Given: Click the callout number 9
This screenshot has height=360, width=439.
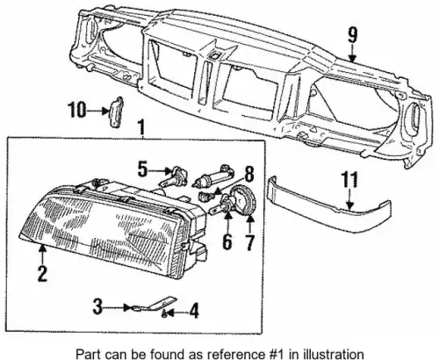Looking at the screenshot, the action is (x=353, y=36).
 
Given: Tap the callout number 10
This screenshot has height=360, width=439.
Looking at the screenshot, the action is (x=77, y=110).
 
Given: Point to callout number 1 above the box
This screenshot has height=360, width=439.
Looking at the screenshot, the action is (x=141, y=127).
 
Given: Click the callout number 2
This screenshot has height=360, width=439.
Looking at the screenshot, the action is (x=42, y=274).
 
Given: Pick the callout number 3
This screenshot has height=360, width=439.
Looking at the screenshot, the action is (x=97, y=306).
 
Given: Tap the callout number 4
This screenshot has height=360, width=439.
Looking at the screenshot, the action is (x=194, y=311).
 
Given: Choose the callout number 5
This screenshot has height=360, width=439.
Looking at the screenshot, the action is (x=142, y=169).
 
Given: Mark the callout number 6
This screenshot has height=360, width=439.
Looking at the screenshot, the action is (x=227, y=241).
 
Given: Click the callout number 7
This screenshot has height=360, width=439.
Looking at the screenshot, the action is (x=249, y=242).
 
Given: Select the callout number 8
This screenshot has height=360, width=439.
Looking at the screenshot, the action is (x=249, y=174).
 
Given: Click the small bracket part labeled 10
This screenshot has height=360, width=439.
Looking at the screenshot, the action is (x=117, y=112).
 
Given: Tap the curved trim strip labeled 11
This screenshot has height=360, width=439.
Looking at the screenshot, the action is (x=329, y=204).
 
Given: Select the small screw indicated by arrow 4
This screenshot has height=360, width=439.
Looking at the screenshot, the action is (x=165, y=314).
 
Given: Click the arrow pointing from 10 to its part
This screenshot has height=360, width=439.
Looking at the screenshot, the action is (x=98, y=111).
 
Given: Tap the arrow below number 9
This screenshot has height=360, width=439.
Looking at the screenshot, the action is (x=352, y=54).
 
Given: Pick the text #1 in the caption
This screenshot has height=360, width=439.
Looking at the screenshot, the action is (x=277, y=354).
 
